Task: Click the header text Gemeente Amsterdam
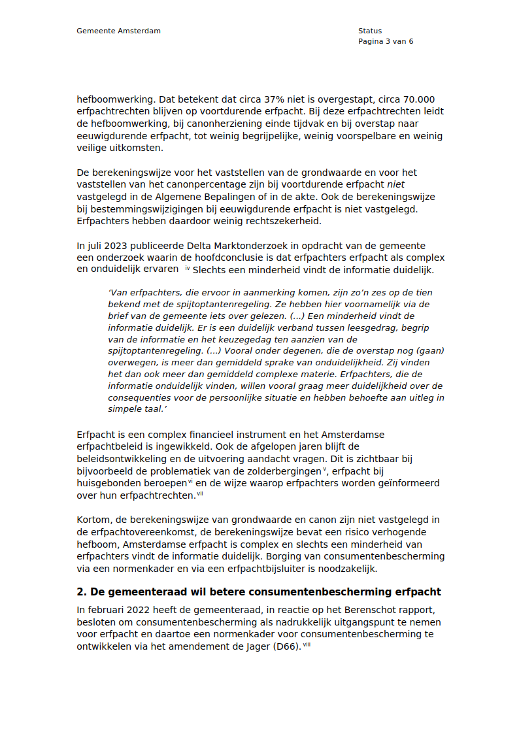point(118,31)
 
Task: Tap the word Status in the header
point(370,31)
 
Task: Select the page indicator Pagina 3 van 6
point(386,41)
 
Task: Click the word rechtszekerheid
point(286,220)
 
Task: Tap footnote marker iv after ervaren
point(188,268)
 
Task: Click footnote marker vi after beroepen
point(191,481)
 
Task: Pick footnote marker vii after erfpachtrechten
point(200,493)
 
